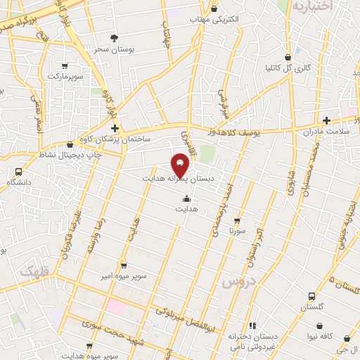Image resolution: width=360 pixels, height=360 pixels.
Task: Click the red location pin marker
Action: [181, 165]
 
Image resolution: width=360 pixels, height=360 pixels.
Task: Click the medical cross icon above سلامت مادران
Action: [326, 120]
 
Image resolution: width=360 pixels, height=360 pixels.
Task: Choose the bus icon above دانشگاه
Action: [18, 172]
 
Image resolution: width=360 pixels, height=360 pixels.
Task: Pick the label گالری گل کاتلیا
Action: [288, 68]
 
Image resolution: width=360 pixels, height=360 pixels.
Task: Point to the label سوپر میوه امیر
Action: [124, 275]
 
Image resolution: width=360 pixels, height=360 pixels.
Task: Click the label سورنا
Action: [236, 230]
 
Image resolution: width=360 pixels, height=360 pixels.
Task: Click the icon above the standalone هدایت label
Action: [186, 199]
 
